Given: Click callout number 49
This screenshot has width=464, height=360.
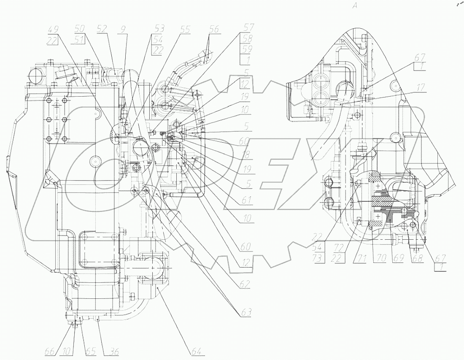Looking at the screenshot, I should [54, 30].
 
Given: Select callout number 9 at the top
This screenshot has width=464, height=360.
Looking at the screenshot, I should [123, 30].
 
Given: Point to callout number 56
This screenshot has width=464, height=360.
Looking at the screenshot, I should [214, 30].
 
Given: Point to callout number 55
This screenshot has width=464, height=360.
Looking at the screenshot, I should [186, 30].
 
